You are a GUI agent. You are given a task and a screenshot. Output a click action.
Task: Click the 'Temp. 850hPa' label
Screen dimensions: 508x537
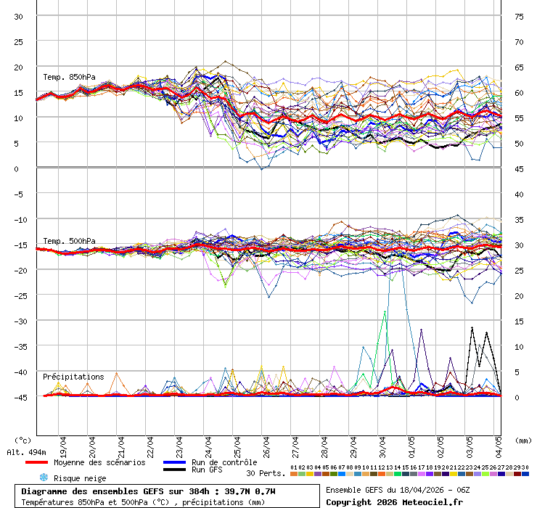69,77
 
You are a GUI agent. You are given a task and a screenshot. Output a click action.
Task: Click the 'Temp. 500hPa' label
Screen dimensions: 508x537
69,241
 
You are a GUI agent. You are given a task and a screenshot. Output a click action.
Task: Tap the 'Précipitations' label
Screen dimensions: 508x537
73,377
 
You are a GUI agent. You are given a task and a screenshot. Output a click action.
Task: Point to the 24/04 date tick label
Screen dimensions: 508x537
209,443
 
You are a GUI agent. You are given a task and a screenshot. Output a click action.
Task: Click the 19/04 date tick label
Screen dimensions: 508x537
64,443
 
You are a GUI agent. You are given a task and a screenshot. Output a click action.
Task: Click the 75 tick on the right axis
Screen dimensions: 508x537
519,16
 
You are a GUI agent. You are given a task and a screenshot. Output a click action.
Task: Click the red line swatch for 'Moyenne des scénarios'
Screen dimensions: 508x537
36,462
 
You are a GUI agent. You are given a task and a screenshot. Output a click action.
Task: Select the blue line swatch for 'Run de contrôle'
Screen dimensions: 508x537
174,462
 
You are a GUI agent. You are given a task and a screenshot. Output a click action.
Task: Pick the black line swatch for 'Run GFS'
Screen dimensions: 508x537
174,470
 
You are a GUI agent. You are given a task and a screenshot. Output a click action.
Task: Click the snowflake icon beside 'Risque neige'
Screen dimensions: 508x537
44,478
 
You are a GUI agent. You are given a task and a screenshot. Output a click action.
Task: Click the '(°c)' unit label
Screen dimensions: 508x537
23,440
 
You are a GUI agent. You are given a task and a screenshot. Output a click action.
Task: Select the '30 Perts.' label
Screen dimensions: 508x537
265,473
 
